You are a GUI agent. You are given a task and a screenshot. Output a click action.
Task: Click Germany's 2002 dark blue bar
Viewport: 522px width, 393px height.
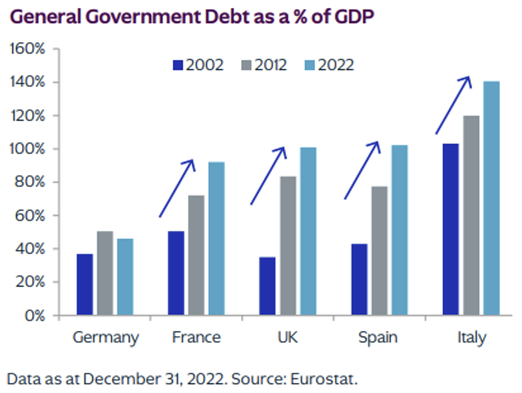coord(85,284)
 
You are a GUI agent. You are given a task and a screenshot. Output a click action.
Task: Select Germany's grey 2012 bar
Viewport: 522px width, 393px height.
coord(105,273)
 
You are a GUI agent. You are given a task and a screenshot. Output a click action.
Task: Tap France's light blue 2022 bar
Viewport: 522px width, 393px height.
coord(217,238)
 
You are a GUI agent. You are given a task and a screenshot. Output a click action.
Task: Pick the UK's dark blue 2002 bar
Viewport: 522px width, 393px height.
coord(267,286)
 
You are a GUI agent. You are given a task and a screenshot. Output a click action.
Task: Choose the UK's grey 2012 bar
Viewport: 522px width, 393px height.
coord(288,245)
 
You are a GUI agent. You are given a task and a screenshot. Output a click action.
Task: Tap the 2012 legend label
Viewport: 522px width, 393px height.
coord(271,65)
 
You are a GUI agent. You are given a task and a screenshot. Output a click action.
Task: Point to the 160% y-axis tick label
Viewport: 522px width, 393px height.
coord(27,49)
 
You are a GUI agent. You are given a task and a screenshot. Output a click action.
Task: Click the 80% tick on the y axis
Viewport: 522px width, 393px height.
coord(30,182)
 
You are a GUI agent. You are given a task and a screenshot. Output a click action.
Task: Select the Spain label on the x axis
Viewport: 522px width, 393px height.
coord(378,338)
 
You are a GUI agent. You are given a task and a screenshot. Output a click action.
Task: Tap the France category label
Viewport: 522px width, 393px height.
coord(196,338)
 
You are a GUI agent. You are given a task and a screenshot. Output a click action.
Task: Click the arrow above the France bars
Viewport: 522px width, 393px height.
coord(177,188)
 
